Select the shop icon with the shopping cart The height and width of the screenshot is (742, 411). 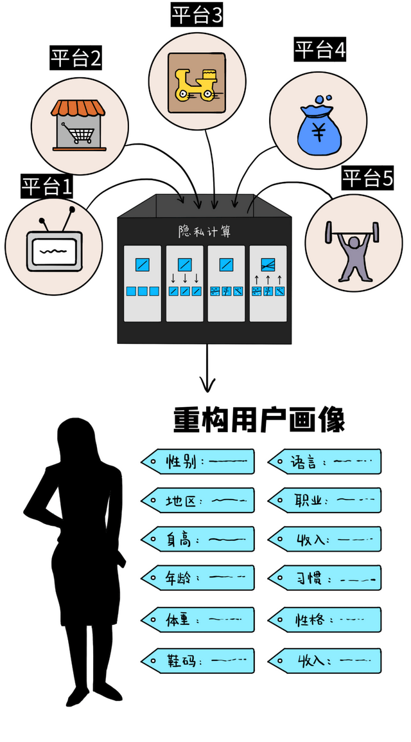tap(79, 125)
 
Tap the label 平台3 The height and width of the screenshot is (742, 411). tap(197, 14)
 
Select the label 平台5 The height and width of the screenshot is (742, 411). tap(367, 178)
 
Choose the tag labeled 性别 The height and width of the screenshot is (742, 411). tap(198, 461)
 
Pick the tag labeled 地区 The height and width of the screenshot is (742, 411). tap(198, 500)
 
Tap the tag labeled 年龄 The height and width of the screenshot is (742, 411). tap(198, 577)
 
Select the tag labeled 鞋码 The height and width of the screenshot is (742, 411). tap(198, 660)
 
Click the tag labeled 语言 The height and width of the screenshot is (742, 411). tap(324, 461)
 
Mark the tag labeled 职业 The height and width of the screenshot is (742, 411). tap(324, 500)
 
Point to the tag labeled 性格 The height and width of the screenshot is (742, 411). tap(324, 620)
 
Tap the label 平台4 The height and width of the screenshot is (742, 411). tap(320, 50)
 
